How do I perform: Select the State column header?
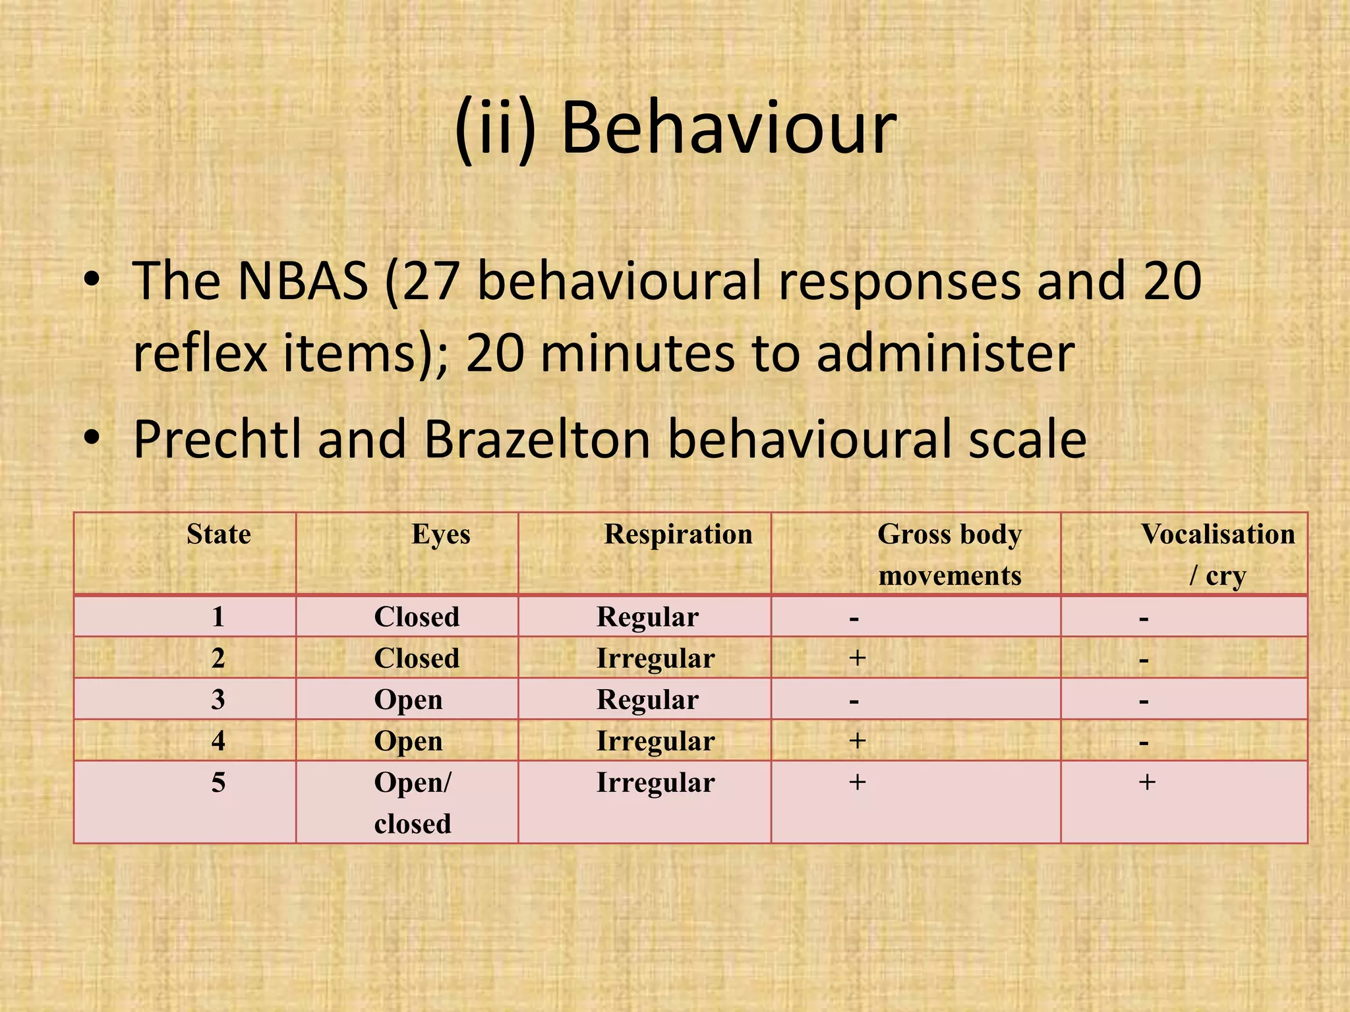(219, 534)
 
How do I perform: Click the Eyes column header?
(441, 534)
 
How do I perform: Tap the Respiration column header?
(678, 534)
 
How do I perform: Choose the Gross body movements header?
(950, 555)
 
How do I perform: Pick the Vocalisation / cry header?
(1218, 555)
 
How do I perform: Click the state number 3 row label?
(218, 699)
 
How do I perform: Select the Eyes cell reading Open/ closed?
(413, 802)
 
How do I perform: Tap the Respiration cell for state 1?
(647, 617)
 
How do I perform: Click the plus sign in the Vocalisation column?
(1147, 782)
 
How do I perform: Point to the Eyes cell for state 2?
(417, 658)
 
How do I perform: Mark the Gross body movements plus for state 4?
(857, 741)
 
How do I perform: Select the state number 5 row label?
(218, 783)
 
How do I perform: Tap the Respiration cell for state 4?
(655, 741)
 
